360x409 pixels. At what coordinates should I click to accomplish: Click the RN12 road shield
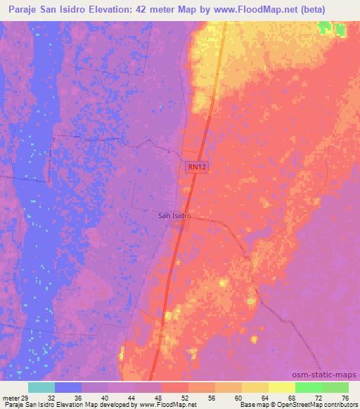(196, 167)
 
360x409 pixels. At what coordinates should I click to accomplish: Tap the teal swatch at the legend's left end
(41, 387)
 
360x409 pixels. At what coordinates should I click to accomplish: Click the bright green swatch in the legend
(308, 387)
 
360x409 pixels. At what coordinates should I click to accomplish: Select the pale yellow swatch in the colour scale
(281, 387)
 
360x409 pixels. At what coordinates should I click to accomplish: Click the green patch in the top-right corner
(331, 29)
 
